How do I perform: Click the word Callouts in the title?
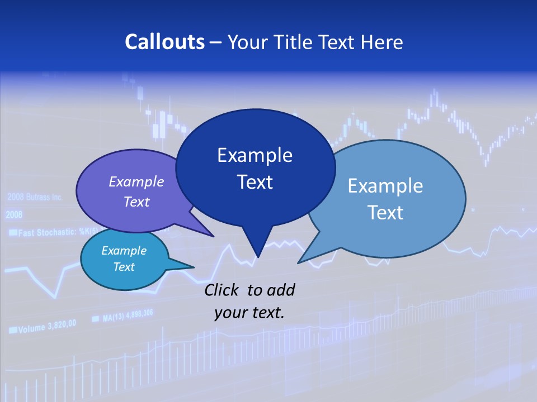point(164,42)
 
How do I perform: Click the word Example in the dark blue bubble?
point(255,155)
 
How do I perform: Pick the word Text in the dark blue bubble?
point(255,182)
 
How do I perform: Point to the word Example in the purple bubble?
point(136,181)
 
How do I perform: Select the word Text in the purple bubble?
point(136,202)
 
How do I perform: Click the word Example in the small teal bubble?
point(124,251)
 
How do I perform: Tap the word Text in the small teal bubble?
point(124,267)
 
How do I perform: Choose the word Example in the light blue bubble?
point(385,186)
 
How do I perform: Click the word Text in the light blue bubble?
point(385,213)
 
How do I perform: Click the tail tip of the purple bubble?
point(213,236)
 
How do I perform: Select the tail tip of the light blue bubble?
point(299,262)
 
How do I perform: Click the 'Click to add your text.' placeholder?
point(249,301)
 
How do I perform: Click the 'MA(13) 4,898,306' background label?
point(128,316)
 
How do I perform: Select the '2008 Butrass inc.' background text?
point(35,197)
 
